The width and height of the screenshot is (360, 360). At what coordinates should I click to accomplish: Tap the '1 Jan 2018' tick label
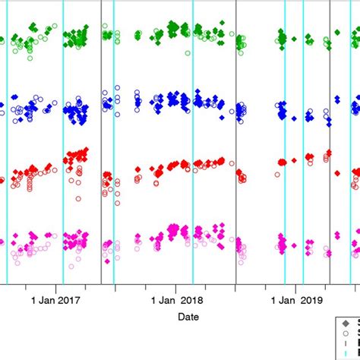point(175,300)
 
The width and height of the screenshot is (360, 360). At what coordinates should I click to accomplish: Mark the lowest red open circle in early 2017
point(79,199)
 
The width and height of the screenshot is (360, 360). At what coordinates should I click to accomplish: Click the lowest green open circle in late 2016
point(29,57)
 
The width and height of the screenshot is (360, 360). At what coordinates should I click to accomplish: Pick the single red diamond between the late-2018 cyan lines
point(295,160)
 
